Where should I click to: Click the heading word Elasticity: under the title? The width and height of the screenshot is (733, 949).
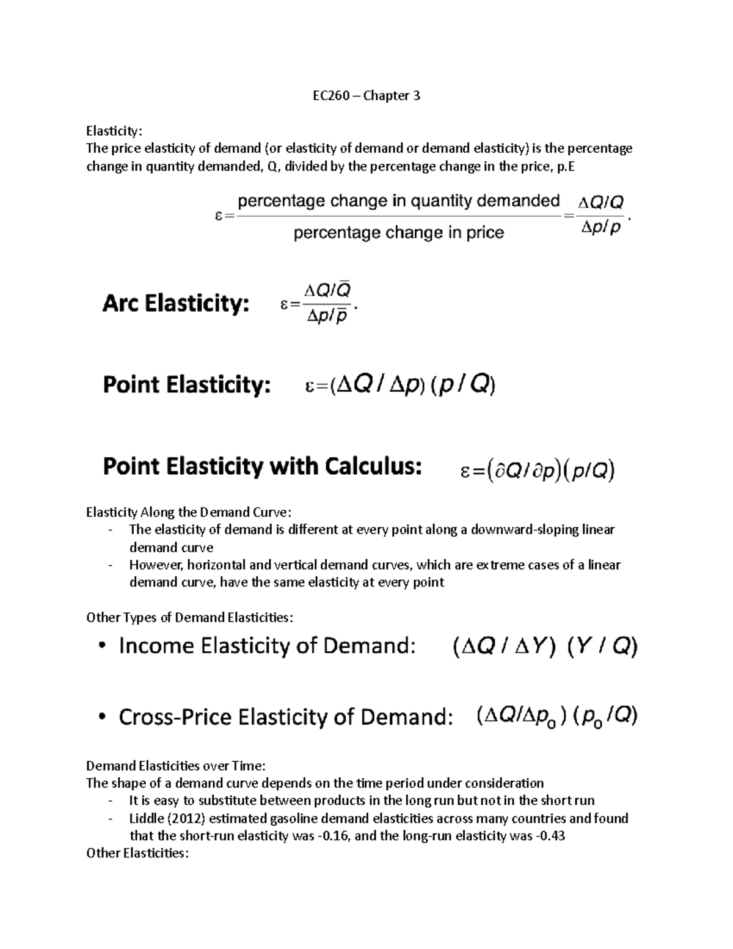(114, 131)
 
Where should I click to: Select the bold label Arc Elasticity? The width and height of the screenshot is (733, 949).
(175, 304)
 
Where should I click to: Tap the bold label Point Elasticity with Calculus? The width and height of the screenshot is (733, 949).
(262, 467)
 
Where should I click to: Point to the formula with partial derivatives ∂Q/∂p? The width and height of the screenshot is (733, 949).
(538, 471)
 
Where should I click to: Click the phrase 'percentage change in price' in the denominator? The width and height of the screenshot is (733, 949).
(399, 233)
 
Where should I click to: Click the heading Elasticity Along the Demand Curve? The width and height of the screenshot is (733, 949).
(189, 512)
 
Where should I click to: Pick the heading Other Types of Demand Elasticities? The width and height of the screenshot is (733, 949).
(190, 618)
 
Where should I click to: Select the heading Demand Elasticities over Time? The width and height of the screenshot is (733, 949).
(177, 766)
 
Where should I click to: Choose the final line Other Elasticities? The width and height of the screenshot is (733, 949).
(137, 853)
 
